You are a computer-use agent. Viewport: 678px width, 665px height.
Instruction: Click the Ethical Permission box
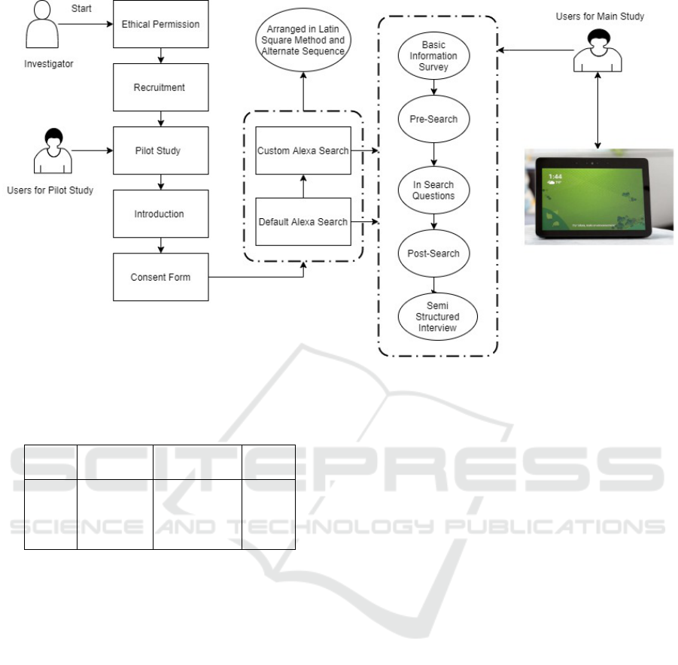click(x=160, y=24)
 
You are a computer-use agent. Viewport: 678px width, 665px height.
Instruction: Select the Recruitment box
click(x=160, y=87)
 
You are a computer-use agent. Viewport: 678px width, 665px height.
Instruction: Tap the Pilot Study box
click(x=160, y=150)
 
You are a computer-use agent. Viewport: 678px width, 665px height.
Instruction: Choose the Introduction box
click(x=160, y=214)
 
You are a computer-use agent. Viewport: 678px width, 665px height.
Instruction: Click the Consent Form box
click(x=160, y=277)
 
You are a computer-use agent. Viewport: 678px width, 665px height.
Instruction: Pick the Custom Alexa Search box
click(x=303, y=150)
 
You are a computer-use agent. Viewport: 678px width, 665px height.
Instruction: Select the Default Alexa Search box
click(x=303, y=222)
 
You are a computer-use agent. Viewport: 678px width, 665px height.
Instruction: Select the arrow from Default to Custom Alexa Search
click(x=303, y=187)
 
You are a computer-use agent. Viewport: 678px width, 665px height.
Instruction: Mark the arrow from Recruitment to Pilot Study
click(x=160, y=119)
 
